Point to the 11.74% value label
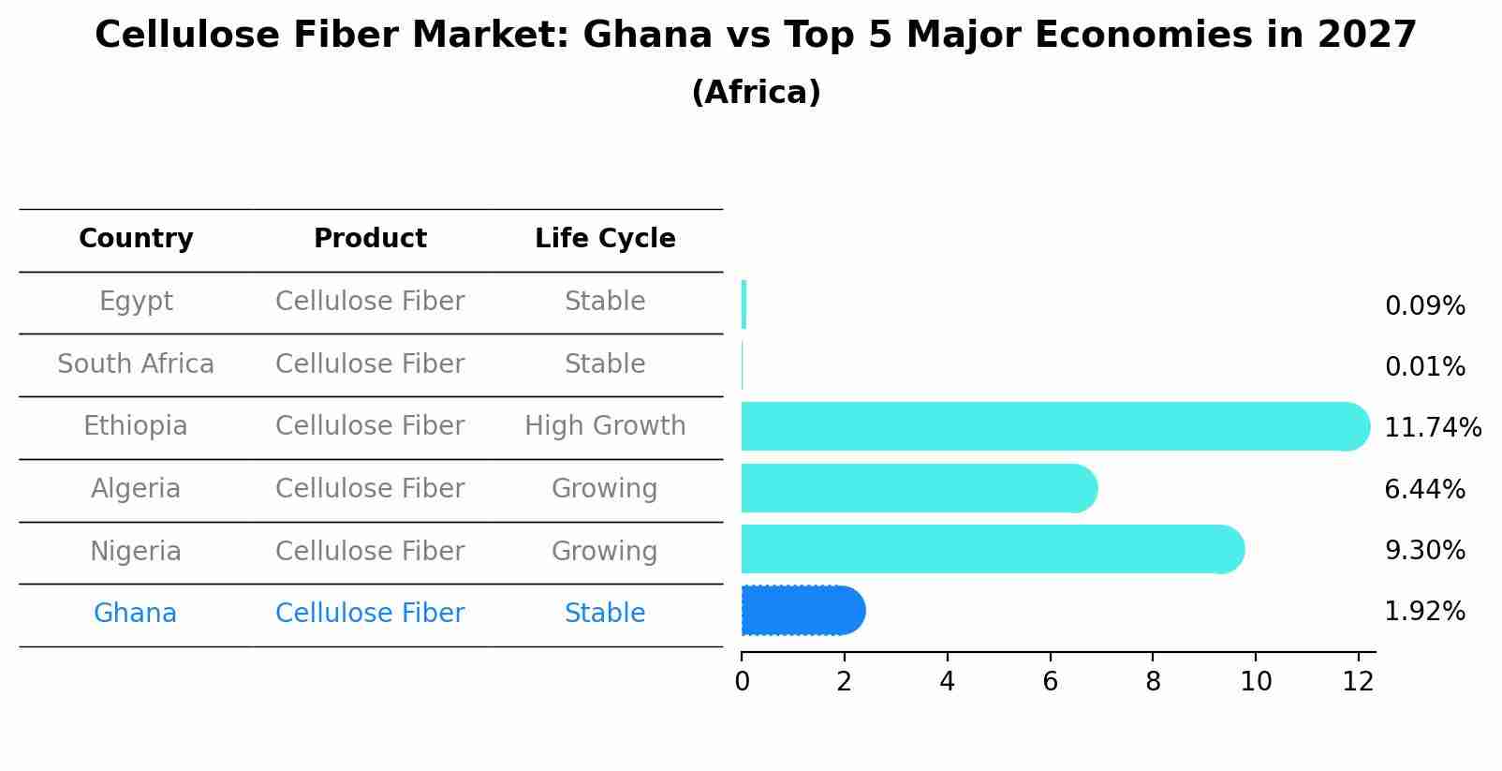point(1432,428)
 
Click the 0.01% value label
point(1424,367)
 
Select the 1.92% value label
point(1424,612)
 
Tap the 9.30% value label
point(1424,551)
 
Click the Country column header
point(136,239)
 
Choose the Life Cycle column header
point(605,239)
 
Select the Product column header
point(370,239)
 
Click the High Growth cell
point(605,426)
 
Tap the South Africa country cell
point(136,364)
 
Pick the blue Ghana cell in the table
point(136,614)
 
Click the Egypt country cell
point(136,302)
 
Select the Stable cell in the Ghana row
point(605,614)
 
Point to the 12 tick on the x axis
point(1358,682)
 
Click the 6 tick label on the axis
point(1050,682)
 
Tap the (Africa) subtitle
point(756,93)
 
